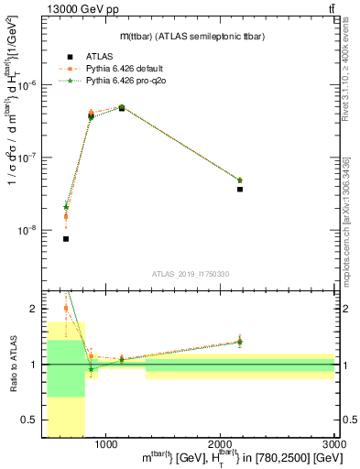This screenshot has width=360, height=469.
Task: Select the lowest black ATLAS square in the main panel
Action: click(66, 239)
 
